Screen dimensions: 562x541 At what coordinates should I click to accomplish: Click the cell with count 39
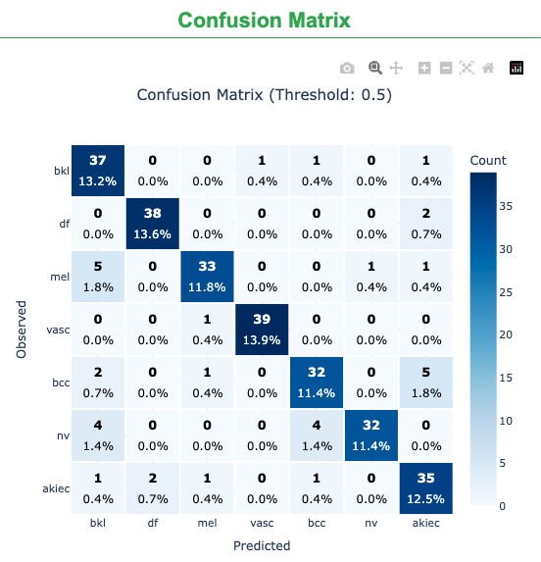click(263, 330)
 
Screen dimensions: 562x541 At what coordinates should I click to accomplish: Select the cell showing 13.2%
click(97, 171)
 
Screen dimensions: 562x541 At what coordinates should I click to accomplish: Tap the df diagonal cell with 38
click(152, 224)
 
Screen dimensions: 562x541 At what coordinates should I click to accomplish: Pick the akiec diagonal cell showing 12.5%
click(426, 488)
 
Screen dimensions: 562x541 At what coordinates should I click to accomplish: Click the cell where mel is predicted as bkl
click(97, 277)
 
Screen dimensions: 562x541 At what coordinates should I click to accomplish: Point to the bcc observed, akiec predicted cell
click(426, 383)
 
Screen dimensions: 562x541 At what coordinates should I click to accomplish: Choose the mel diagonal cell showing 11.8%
click(207, 277)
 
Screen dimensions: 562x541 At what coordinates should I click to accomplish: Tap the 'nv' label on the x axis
click(371, 524)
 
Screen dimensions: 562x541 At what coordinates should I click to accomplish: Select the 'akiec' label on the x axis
click(426, 524)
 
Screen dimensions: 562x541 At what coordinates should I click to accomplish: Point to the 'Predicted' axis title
click(262, 545)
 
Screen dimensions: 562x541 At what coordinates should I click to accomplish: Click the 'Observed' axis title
click(22, 330)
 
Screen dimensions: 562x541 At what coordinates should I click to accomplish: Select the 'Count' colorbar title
click(488, 160)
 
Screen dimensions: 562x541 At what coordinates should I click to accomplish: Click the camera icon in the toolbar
click(347, 68)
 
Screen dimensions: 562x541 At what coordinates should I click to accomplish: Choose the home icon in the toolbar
click(488, 68)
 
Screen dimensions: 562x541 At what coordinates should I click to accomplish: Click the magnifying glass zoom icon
click(374, 68)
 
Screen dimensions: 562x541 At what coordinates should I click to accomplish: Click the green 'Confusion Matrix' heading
click(265, 20)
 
